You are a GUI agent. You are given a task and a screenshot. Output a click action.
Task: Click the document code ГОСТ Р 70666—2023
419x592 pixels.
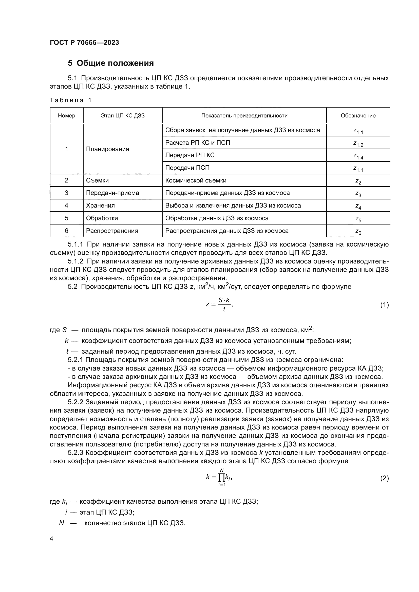pyautogui.click(x=84, y=43)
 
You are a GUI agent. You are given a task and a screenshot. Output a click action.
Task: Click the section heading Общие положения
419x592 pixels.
pyautogui.click(x=115, y=63)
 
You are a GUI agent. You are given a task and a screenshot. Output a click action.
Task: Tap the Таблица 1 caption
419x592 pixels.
pyautogui.click(x=70, y=100)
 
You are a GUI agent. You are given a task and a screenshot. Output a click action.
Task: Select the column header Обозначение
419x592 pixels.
pyautogui.click(x=358, y=115)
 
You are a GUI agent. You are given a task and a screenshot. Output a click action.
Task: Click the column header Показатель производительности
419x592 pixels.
pyautogui.click(x=244, y=115)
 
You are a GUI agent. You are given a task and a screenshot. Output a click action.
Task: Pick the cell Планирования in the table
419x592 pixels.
pyautogui.click(x=108, y=149)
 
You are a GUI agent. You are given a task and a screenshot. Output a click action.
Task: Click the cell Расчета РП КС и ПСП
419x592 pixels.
pyautogui.click(x=198, y=142)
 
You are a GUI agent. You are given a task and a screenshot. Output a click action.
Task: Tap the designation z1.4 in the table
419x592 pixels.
pyautogui.click(x=358, y=156)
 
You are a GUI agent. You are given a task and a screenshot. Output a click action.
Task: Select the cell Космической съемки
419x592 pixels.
pyautogui.click(x=196, y=180)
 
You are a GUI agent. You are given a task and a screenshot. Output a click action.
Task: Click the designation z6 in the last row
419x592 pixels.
pyautogui.click(x=358, y=231)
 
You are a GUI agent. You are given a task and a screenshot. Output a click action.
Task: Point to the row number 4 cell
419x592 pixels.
pyautogui.click(x=67, y=206)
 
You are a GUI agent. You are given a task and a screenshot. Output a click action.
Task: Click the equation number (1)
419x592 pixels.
pyautogui.click(x=385, y=305)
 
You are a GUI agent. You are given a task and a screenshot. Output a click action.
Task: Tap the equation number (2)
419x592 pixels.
pyautogui.click(x=385, y=478)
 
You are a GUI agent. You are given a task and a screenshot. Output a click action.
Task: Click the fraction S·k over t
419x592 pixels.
pyautogui.click(x=224, y=304)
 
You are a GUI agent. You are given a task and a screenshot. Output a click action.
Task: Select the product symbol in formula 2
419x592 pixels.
pyautogui.click(x=221, y=478)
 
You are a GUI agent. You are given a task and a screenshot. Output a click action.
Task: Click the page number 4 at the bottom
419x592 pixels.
pyautogui.click(x=52, y=539)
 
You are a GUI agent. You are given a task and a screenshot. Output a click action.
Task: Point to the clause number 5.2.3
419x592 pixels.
pyautogui.click(x=75, y=453)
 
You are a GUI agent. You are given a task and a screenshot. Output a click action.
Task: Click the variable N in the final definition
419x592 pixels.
pyautogui.click(x=61, y=523)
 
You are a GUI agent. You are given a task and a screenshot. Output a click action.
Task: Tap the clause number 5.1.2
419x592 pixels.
pyautogui.click(x=75, y=261)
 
